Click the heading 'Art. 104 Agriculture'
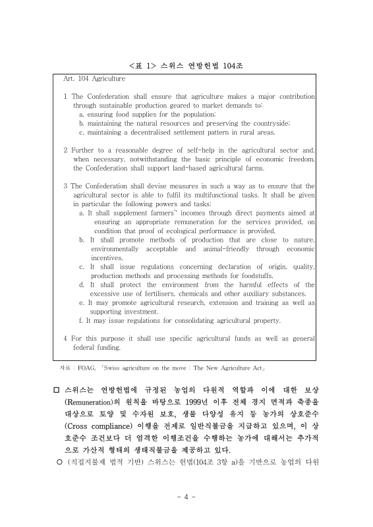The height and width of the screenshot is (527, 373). (94, 78)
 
